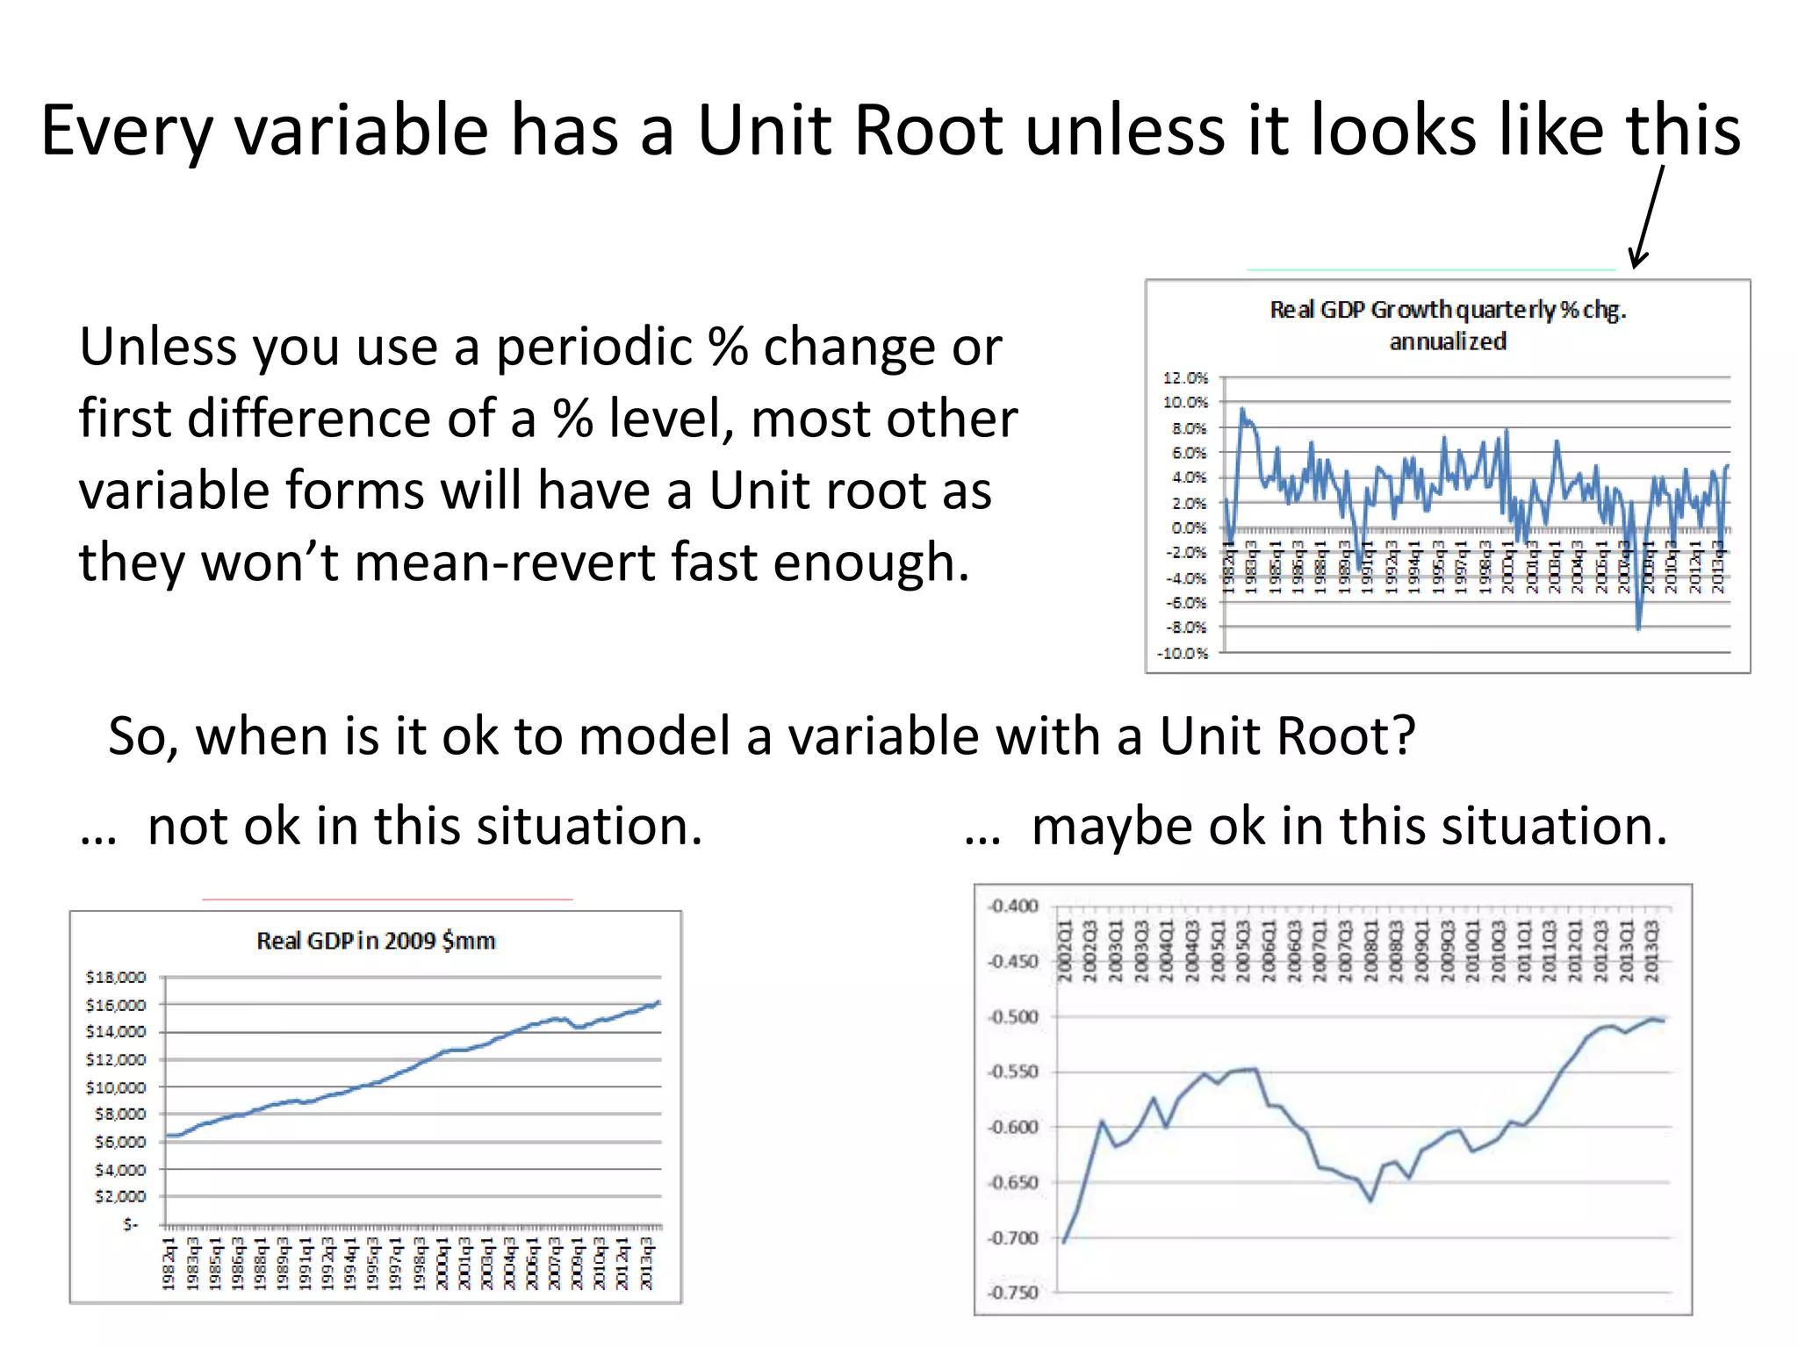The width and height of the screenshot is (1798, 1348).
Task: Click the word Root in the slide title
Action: [x=928, y=132]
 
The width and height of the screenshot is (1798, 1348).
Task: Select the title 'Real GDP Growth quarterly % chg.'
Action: [x=1447, y=310]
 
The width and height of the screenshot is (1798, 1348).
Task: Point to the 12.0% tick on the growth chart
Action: [x=1185, y=378]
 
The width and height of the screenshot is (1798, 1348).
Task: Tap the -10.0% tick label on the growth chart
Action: [x=1183, y=653]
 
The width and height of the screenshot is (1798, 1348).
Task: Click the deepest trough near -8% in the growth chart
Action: [x=1638, y=628]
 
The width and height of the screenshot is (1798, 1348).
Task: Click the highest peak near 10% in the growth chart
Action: [x=1241, y=409]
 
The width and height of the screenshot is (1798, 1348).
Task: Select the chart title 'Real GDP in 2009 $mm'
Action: [x=376, y=941]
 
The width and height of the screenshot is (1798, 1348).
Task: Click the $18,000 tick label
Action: [x=116, y=977]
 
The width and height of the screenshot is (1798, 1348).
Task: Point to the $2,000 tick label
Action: [x=120, y=1196]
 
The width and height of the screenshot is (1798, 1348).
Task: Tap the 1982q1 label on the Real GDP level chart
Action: [x=169, y=1264]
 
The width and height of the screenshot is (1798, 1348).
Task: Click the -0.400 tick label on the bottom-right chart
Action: [x=1013, y=906]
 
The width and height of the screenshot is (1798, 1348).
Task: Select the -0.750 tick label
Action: [x=1013, y=1293]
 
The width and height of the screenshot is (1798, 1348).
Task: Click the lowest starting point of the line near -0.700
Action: [x=1064, y=1241]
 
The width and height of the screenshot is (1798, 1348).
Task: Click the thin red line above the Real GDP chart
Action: [x=386, y=900]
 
